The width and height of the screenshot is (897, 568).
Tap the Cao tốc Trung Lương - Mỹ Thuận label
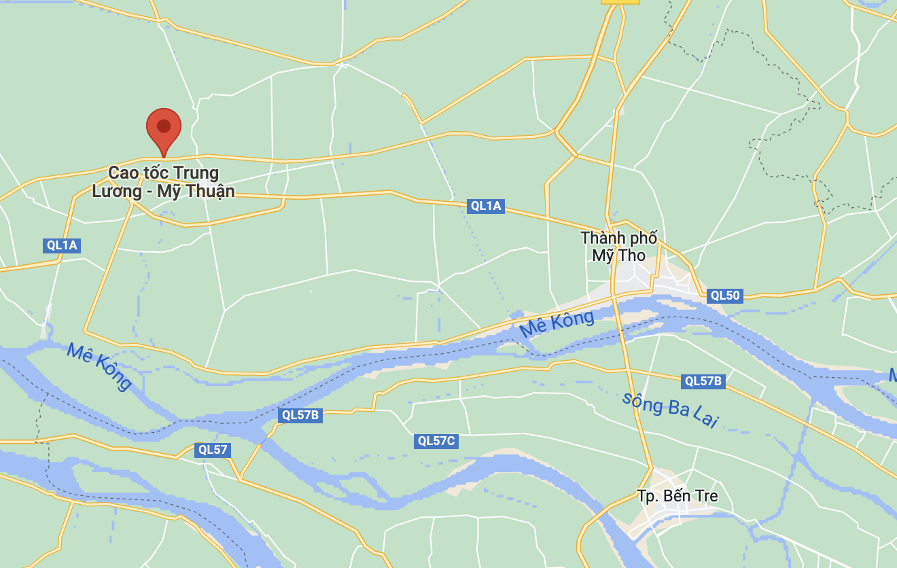pos(164,182)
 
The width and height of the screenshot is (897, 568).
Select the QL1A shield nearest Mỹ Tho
pos(486,206)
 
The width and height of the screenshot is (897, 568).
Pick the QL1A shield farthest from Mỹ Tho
pos(62,245)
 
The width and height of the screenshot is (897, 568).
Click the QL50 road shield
pos(724,296)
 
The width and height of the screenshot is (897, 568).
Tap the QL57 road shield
pos(213,450)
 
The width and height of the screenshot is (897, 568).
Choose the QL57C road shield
pos(436,441)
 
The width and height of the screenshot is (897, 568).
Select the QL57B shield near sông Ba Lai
pos(703,381)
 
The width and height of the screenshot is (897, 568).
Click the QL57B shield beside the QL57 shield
pos(300,415)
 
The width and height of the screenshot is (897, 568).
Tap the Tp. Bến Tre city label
pos(677,496)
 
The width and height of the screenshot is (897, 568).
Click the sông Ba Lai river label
pos(670,410)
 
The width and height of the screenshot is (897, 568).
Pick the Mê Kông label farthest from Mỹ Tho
pos(99,366)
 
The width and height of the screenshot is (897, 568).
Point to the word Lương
pos(116,192)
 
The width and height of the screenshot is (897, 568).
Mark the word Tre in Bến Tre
pos(703,496)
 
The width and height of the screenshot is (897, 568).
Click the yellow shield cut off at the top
pos(620,2)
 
